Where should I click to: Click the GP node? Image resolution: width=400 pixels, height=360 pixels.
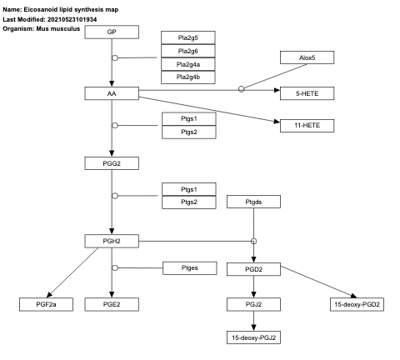[112, 32]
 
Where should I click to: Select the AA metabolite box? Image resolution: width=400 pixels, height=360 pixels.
[112, 93]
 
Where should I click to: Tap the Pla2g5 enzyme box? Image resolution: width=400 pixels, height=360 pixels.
[188, 36]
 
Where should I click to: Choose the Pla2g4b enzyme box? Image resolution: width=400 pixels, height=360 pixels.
[188, 77]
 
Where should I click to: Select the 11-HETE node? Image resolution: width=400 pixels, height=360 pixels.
[307, 125]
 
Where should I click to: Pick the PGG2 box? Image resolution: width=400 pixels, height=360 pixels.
[112, 162]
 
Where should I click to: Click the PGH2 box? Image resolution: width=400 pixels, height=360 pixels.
[112, 241]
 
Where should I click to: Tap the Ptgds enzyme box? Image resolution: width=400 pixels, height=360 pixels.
[253, 202]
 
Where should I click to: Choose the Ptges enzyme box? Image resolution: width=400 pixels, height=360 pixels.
[188, 267]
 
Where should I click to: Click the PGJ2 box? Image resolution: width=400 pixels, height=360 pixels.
[253, 304]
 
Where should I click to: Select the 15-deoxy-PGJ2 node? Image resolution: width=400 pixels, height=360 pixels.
[253, 337]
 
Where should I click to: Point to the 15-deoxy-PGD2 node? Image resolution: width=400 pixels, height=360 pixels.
[356, 304]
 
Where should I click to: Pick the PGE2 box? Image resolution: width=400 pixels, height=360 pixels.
[112, 304]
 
